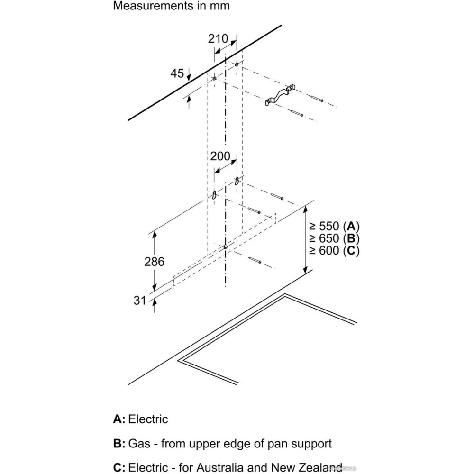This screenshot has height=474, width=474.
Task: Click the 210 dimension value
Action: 218,39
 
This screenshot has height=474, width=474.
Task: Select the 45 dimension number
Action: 177,73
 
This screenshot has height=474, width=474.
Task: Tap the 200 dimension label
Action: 219,156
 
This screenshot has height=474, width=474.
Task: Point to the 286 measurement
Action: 155,261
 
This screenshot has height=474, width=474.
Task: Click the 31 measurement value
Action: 139,300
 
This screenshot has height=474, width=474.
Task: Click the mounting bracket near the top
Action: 280,94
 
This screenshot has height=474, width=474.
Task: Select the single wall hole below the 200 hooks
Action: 226,247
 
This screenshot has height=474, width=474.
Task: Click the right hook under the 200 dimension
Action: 237,180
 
